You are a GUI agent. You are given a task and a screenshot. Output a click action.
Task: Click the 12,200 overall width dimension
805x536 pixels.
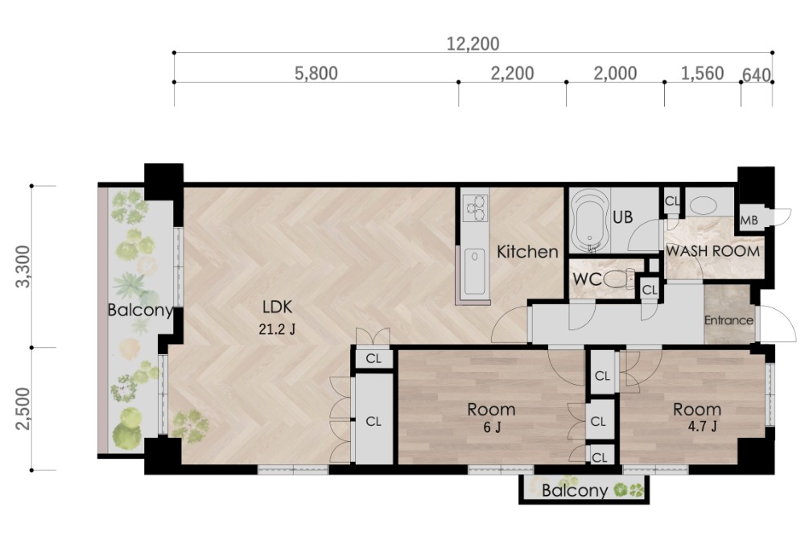pos(473,44)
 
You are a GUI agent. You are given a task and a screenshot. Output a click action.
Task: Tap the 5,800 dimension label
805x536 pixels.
pos(316,73)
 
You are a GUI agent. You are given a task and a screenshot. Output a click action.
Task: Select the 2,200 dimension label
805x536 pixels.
pos(512,73)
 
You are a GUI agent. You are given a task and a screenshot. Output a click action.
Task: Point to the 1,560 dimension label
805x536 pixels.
pos(702,73)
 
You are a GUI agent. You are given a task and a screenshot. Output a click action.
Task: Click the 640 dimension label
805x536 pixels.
pos(757,76)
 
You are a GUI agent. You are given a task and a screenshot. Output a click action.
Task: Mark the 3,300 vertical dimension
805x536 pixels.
pos(23,266)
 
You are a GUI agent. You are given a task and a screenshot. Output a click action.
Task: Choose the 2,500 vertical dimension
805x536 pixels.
pos(23,409)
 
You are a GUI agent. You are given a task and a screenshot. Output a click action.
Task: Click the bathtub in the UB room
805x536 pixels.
pos(591,221)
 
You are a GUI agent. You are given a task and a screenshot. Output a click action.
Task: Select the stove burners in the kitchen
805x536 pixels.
pos(476,208)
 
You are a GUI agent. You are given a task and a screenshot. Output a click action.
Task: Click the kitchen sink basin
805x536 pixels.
pos(475,270)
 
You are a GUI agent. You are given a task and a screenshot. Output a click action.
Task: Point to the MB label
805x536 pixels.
pos(749,221)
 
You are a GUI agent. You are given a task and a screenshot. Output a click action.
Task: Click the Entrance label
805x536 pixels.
pos(729,320)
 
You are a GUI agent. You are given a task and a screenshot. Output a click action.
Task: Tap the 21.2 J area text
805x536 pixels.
pos(277,329)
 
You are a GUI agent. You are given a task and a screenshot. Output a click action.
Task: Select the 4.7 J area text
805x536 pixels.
pos(702,426)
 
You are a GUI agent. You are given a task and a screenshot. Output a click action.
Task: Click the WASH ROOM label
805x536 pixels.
pos(712,251)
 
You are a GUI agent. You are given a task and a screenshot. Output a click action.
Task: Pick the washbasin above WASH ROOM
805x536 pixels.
pos(703,206)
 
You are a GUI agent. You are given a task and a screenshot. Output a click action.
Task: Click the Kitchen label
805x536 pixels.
pos(528,252)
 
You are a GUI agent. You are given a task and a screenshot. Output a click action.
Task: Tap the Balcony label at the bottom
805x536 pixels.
pos(575,490)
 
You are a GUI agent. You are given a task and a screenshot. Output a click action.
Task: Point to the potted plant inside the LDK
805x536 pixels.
pos(190,426)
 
